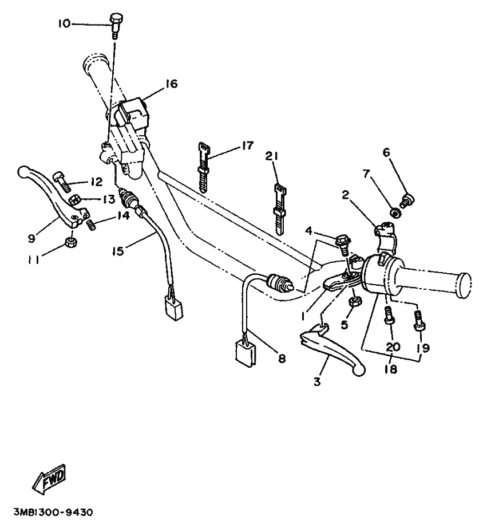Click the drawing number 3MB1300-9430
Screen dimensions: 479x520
pyautogui.click(x=53, y=512)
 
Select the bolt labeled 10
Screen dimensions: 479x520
pyautogui.click(x=115, y=26)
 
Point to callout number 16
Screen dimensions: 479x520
pyautogui.click(x=172, y=84)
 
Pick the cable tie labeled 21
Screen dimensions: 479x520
pyautogui.click(x=279, y=209)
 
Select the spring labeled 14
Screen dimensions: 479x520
pyautogui.click(x=91, y=226)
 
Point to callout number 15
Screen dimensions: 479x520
pyautogui.click(x=118, y=251)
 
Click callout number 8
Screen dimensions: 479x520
pyautogui.click(x=282, y=358)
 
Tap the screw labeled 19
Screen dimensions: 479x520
pyautogui.click(x=419, y=320)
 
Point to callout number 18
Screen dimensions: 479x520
pyautogui.click(x=391, y=369)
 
